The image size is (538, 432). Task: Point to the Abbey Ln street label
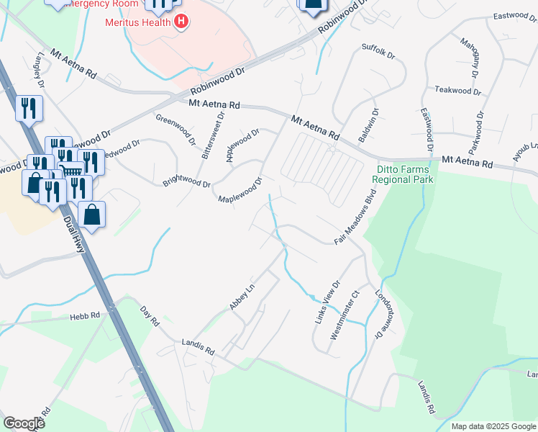[x=242, y=297]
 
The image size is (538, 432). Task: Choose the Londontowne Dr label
[x=387, y=315]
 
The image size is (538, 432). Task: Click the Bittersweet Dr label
[x=215, y=138]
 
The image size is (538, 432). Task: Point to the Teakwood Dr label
[x=458, y=91]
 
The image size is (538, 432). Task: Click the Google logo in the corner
[x=24, y=423]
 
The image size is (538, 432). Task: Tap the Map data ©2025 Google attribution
[x=493, y=426]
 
